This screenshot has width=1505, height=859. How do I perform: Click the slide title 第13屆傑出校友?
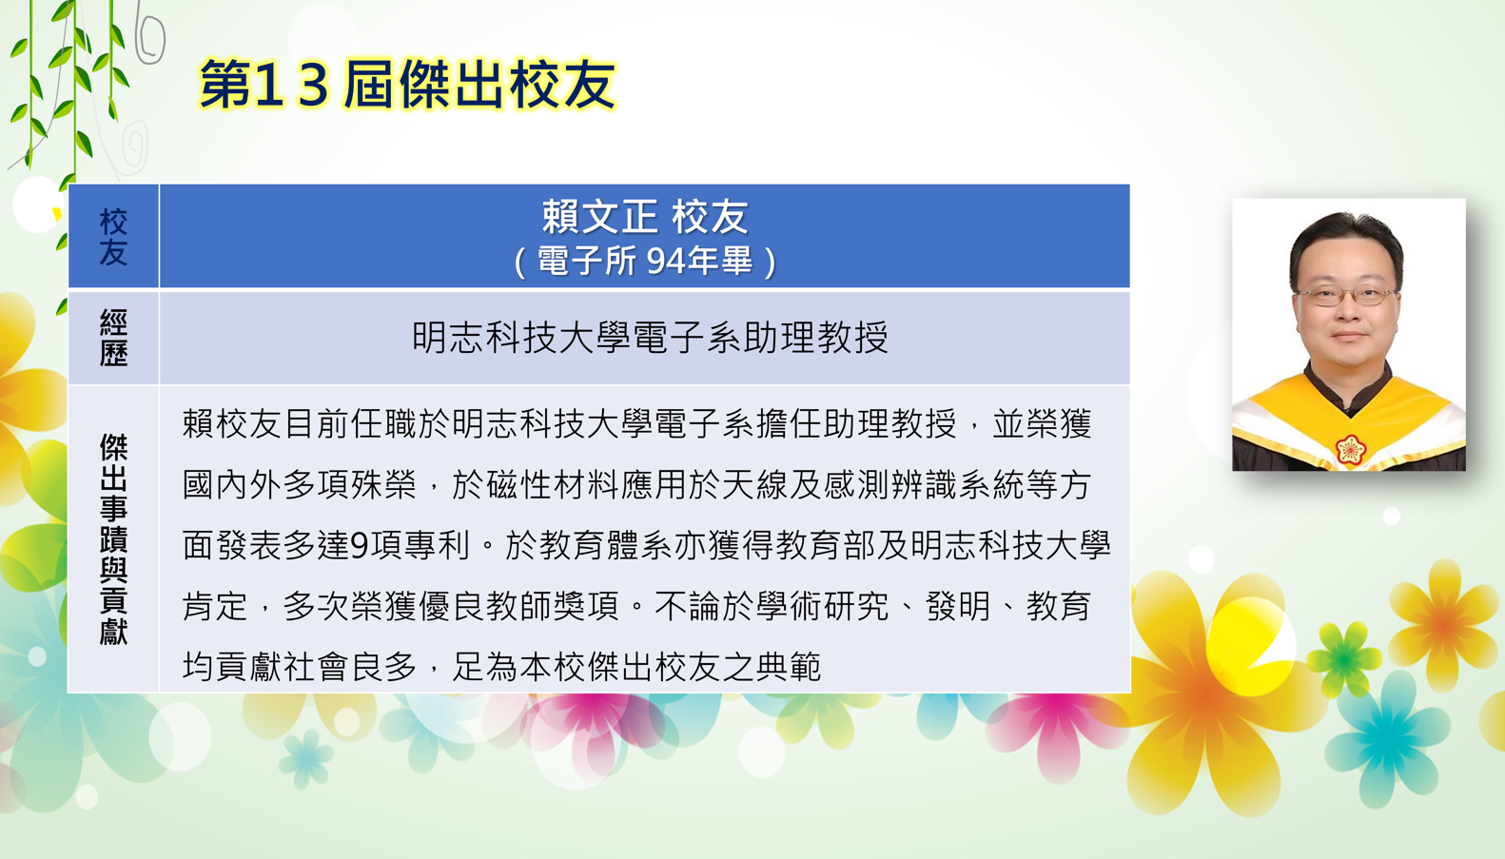click(408, 85)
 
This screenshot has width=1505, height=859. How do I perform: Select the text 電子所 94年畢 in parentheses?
click(645, 261)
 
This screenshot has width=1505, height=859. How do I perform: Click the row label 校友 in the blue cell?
click(113, 237)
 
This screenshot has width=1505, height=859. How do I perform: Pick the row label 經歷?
click(113, 337)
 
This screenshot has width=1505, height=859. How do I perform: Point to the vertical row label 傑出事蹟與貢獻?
click(113, 539)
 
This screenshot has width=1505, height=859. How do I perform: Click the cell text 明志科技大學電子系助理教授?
click(650, 337)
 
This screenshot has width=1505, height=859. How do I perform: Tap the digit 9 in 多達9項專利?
click(360, 545)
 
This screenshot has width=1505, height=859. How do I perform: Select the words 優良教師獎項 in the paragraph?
click(518, 606)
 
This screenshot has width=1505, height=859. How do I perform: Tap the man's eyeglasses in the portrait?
click(1347, 295)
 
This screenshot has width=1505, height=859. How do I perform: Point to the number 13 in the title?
click(292, 86)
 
